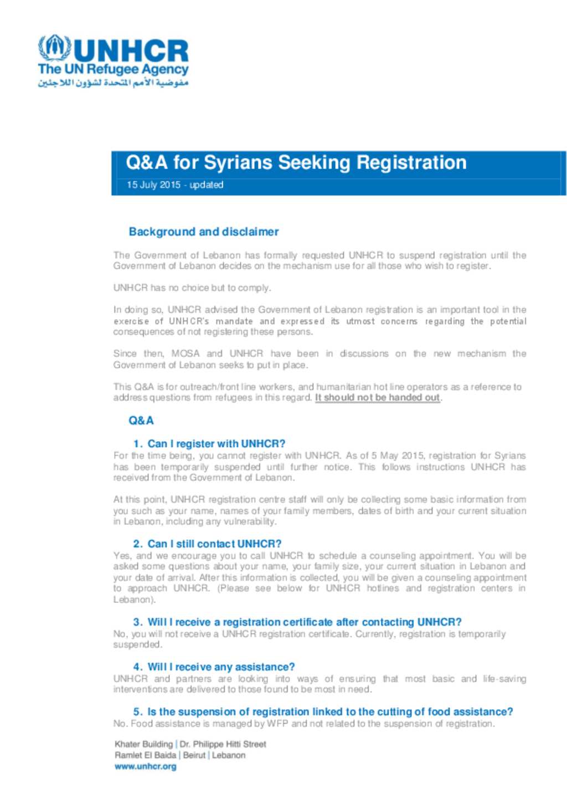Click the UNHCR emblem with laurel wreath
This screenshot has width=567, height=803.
click(x=54, y=48)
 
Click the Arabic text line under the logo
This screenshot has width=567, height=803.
click(x=113, y=83)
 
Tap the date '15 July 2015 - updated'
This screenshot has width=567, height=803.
click(x=174, y=185)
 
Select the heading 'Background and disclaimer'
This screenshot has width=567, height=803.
click(x=203, y=232)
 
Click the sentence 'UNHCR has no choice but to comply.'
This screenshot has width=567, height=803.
click(x=192, y=288)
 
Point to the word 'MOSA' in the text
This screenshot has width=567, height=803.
click(x=185, y=354)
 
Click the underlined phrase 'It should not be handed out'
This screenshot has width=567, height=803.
click(x=378, y=397)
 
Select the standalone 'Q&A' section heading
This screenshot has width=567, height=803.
click(x=141, y=421)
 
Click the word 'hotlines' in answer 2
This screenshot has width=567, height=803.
click(x=383, y=588)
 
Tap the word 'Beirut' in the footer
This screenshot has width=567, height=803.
click(x=194, y=755)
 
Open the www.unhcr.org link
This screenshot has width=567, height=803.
click(x=146, y=766)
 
